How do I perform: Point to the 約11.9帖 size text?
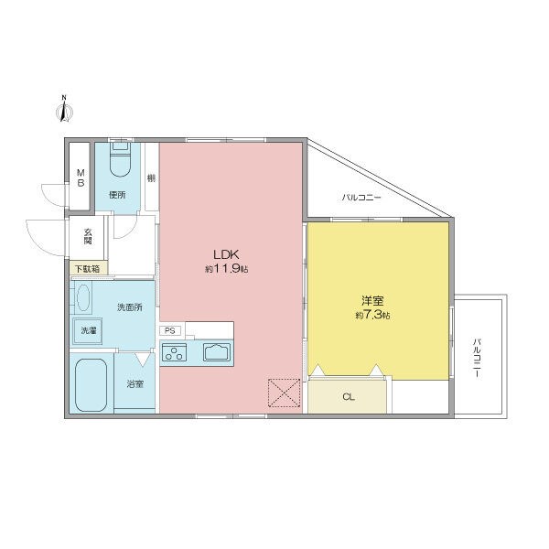pyautogui.click(x=226, y=270)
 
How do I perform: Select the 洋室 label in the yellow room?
pyautogui.click(x=372, y=301)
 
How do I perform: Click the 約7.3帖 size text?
pyautogui.click(x=372, y=316)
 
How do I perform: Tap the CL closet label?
pyautogui.click(x=348, y=396)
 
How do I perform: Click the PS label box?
pyautogui.click(x=170, y=330)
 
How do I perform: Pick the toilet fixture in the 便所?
pyautogui.click(x=120, y=161)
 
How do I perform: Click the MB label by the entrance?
pyautogui.click(x=81, y=177)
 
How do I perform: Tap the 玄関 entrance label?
pyautogui.click(x=89, y=236)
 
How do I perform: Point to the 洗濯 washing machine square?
pyautogui.click(x=87, y=331)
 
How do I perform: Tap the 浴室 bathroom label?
pyautogui.click(x=135, y=383)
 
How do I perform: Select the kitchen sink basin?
pyautogui.click(x=217, y=351)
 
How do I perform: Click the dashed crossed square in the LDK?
pyautogui.click(x=283, y=393)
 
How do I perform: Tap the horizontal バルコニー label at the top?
pyautogui.click(x=361, y=197)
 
